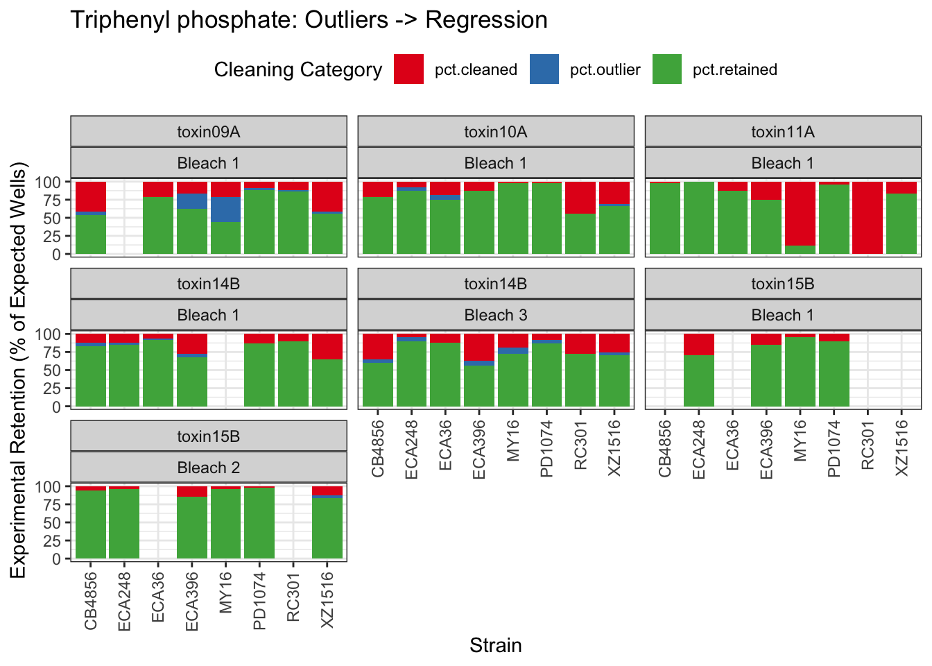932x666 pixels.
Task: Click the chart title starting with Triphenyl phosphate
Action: tap(309, 20)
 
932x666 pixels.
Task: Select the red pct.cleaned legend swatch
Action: tap(408, 69)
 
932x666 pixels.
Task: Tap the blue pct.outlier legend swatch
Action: tap(544, 69)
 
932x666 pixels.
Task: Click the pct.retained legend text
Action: tap(734, 70)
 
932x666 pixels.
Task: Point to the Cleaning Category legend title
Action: tap(297, 70)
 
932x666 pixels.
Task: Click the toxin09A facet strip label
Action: tap(208, 132)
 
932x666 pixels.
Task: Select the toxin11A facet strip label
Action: tap(783, 132)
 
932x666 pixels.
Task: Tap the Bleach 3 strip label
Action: tap(496, 316)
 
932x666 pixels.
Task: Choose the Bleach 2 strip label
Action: tap(208, 468)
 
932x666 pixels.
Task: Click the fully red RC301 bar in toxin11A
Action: tap(867, 218)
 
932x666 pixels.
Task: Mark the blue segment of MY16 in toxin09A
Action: tap(225, 210)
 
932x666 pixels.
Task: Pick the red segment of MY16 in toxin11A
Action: tap(800, 214)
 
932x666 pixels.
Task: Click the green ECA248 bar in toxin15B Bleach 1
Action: tap(698, 380)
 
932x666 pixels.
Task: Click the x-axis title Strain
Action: tap(495, 646)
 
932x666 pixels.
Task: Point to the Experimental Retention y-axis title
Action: tap(18, 370)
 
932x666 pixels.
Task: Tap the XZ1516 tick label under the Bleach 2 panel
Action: tap(328, 600)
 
